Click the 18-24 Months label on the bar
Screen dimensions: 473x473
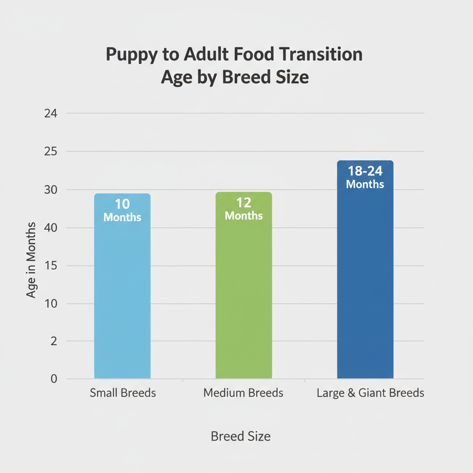point(365,177)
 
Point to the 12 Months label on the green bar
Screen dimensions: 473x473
point(244,209)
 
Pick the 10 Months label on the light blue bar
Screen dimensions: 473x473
point(122,210)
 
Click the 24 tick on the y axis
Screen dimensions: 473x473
point(50,114)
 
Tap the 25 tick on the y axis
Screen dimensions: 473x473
point(50,152)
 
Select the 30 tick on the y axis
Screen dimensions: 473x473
point(50,190)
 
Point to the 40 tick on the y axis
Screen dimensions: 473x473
point(50,228)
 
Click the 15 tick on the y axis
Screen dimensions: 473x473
point(50,266)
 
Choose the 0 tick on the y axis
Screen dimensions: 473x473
point(54,379)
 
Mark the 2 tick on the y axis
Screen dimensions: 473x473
point(54,341)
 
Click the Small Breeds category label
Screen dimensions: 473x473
point(123,394)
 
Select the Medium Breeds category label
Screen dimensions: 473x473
point(243,394)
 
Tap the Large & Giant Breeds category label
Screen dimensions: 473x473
point(370,394)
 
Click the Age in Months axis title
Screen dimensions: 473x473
point(31,260)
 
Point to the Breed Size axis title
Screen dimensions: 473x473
point(241,437)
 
